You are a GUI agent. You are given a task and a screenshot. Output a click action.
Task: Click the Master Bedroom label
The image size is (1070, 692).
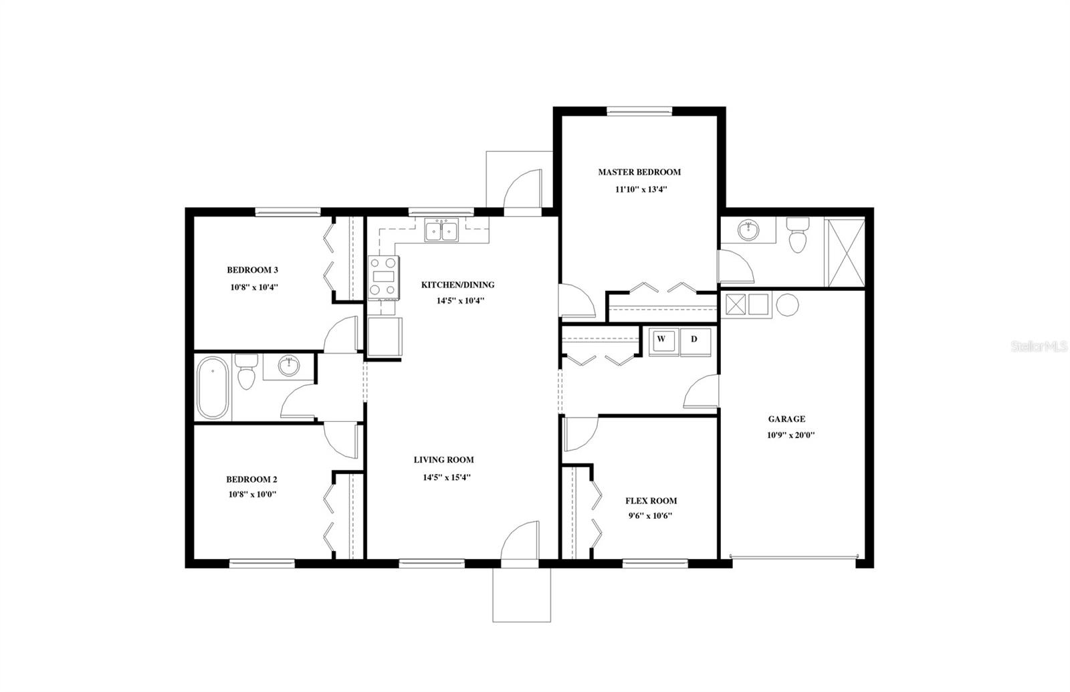639,172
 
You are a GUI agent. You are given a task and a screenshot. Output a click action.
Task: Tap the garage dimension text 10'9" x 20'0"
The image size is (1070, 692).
790,435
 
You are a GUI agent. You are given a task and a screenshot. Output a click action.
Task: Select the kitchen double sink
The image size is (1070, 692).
441,231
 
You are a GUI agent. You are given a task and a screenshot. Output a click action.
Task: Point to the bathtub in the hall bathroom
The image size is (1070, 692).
213,387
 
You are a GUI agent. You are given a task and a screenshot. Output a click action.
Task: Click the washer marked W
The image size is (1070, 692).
661,340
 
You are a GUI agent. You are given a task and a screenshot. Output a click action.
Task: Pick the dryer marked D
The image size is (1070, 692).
694,340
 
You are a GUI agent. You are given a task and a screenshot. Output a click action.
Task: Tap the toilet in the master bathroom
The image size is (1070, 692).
797,235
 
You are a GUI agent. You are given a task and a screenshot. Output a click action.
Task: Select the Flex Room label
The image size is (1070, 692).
651,501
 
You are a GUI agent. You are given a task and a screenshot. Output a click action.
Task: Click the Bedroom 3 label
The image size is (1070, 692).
252,270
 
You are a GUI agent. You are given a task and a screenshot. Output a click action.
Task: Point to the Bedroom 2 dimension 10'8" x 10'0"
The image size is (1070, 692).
252,494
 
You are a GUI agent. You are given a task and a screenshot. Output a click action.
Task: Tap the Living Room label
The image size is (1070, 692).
443,460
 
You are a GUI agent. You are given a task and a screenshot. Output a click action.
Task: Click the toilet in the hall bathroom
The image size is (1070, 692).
247,372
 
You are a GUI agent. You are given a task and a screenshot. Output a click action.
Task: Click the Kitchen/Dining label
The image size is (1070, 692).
457,285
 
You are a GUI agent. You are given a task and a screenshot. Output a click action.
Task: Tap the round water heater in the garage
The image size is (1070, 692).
788,305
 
